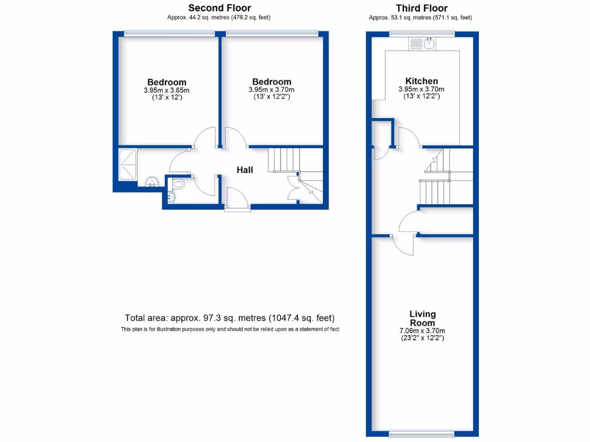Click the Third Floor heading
(x=421, y=8)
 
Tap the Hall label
(x=245, y=170)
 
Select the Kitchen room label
(x=421, y=81)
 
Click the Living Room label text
(x=422, y=318)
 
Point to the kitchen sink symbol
(x=429, y=43)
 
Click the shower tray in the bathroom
(x=127, y=163)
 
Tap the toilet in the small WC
(x=178, y=185)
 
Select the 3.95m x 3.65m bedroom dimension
(x=167, y=90)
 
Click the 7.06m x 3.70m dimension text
(x=422, y=331)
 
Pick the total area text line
(x=229, y=318)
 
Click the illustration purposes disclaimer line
(x=229, y=329)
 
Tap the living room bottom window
(x=421, y=433)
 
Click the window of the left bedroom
(x=167, y=33)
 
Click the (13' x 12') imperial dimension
(x=167, y=98)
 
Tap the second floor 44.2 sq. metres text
(x=218, y=17)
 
